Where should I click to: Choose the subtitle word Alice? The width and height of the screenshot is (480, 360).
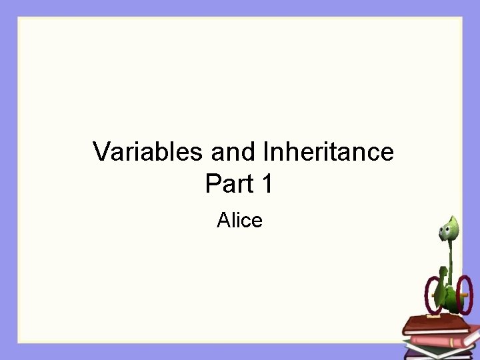pyautogui.click(x=239, y=219)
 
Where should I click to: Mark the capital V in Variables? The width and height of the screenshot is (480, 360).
pyautogui.click(x=101, y=152)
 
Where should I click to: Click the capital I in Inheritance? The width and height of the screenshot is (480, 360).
pyautogui.click(x=267, y=152)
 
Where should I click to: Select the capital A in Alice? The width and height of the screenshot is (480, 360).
pyautogui.click(x=223, y=219)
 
